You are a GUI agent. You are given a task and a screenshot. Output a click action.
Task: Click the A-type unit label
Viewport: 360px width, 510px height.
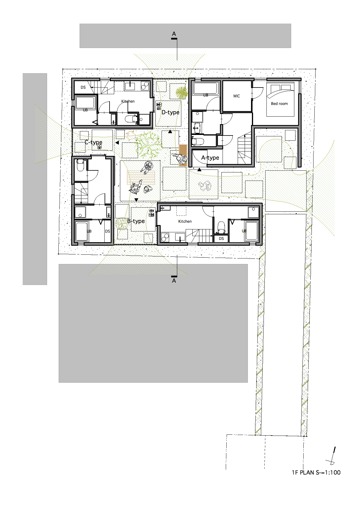[210, 158]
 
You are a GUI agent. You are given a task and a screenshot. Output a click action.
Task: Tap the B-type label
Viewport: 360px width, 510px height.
[136, 221]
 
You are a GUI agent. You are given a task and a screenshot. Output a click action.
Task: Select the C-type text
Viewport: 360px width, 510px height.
[94, 142]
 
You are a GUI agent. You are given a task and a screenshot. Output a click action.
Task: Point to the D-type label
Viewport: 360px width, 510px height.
[170, 112]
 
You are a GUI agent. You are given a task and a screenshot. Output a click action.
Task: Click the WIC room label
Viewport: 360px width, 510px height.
[237, 96]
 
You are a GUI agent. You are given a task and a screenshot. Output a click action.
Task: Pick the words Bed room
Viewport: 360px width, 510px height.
[279, 104]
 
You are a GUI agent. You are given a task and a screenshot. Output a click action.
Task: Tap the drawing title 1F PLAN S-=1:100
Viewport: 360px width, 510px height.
[316, 472]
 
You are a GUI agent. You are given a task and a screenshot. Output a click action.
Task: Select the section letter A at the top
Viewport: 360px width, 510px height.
[174, 34]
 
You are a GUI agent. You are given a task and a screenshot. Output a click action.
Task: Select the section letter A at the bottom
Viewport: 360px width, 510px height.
[174, 281]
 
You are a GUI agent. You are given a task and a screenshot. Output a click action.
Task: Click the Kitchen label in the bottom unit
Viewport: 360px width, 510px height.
[185, 221]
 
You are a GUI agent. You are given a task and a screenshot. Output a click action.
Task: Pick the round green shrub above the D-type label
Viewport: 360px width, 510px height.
[182, 93]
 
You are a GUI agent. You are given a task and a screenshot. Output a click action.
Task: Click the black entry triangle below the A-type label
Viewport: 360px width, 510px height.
[199, 169]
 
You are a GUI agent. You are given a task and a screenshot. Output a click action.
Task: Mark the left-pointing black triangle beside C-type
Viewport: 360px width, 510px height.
[117, 143]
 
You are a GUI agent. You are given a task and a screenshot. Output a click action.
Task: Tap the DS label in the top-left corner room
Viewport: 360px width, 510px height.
[83, 87]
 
